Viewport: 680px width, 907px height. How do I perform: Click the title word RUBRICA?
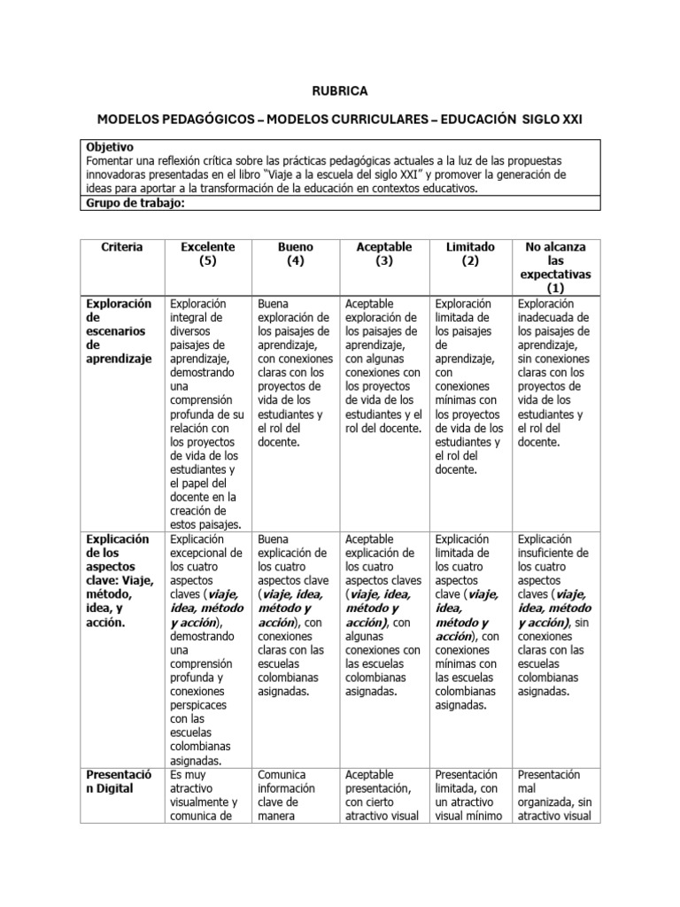pos(340,90)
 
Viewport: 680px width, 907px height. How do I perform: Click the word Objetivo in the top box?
pos(111,145)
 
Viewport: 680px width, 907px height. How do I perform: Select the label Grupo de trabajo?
pos(135,202)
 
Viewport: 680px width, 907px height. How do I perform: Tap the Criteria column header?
pos(121,247)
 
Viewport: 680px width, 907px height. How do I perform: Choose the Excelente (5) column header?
pos(207,254)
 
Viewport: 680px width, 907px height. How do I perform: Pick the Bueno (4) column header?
pos(295,254)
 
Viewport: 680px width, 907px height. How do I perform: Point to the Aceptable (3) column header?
pos(382,254)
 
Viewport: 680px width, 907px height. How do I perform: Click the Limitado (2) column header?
pos(470,254)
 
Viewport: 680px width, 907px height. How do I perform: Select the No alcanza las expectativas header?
pos(555,267)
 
